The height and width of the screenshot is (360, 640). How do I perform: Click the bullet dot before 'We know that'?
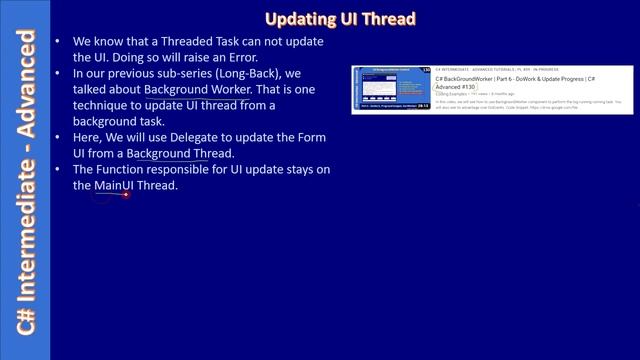tap(62, 42)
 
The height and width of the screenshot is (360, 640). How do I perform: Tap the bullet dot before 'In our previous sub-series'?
tap(62, 74)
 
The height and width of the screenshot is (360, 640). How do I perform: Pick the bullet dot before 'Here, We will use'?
tap(62, 137)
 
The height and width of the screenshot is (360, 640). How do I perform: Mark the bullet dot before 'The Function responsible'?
tap(62, 170)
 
